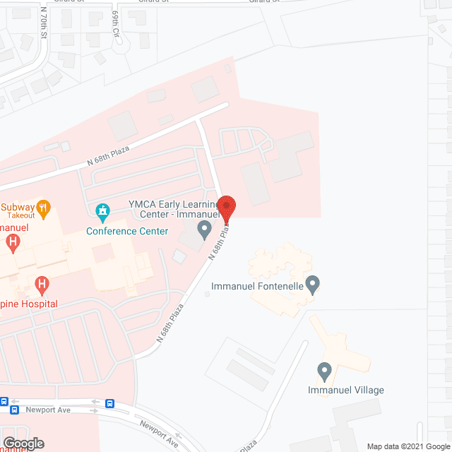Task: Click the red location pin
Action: (227, 207)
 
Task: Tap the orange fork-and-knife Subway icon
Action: (44, 208)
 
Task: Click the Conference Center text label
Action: (127, 231)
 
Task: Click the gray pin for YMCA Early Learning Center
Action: (204, 229)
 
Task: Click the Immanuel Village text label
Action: (346, 390)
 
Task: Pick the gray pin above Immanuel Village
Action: (324, 369)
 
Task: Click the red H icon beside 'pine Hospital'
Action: (42, 285)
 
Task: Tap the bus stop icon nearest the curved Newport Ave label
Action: (110, 404)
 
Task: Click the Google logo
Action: (23, 444)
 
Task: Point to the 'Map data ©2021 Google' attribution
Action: (408, 446)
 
